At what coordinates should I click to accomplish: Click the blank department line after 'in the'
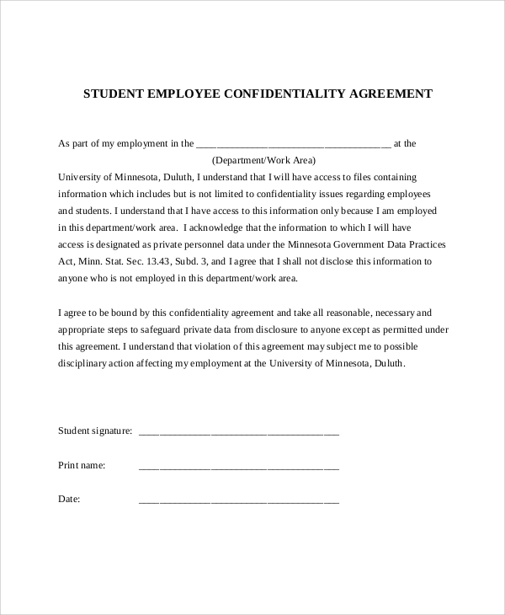pos(293,145)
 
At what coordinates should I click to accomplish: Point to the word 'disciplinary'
pos(82,363)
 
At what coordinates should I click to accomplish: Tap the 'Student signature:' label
pos(95,431)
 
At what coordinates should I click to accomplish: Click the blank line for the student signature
pos(238,433)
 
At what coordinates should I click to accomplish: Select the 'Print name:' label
pos(82,465)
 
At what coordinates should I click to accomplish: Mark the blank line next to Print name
pos(238,467)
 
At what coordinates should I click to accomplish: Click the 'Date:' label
pos(69,499)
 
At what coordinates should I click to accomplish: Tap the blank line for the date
pos(238,500)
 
